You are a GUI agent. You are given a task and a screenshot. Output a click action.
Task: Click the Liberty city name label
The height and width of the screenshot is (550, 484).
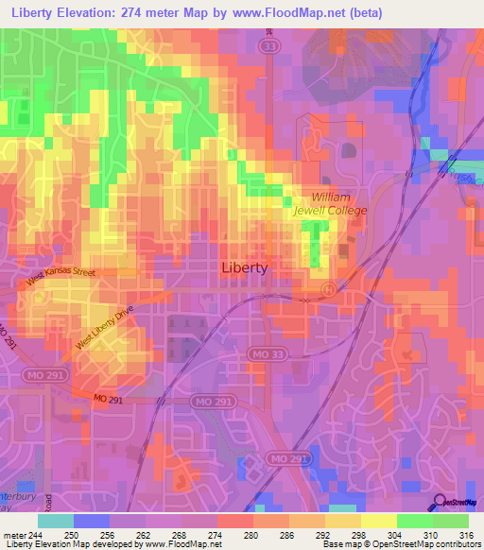tap(244, 267)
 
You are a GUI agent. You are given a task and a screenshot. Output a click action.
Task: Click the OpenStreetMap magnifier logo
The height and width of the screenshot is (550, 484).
tap(438, 504)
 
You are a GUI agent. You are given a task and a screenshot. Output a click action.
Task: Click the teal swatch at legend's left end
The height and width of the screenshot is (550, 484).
tap(56, 520)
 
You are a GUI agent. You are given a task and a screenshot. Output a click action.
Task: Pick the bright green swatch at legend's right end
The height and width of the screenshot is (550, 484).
tap(450, 520)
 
